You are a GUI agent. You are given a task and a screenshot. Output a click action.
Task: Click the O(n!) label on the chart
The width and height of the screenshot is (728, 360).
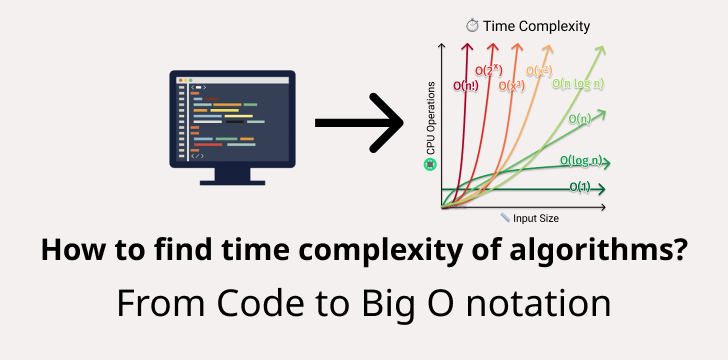pyautogui.click(x=466, y=87)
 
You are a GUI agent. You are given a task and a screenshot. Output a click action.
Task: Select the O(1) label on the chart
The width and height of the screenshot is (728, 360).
pyautogui.click(x=579, y=187)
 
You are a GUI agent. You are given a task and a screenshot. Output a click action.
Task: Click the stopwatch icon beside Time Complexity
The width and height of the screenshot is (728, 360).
pyautogui.click(x=472, y=25)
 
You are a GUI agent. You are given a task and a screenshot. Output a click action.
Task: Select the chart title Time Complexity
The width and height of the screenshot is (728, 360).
pyautogui.click(x=536, y=26)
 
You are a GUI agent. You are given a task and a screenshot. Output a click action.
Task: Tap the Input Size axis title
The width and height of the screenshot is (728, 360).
pyautogui.click(x=536, y=217)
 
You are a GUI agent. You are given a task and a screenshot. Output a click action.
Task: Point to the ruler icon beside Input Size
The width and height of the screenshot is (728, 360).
pyautogui.click(x=505, y=217)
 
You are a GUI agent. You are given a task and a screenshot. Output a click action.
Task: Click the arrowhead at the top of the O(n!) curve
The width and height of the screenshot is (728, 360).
pyautogui.click(x=466, y=47)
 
